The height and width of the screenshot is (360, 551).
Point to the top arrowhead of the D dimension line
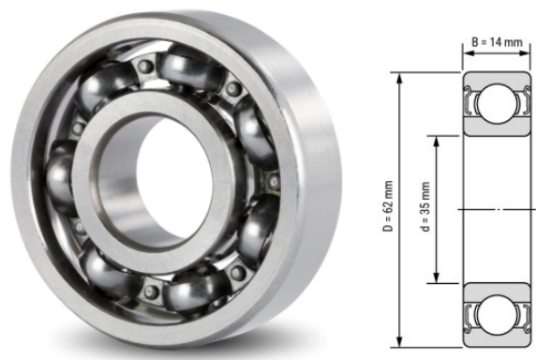(401, 75)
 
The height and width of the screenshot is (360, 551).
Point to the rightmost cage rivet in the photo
(274, 179)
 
